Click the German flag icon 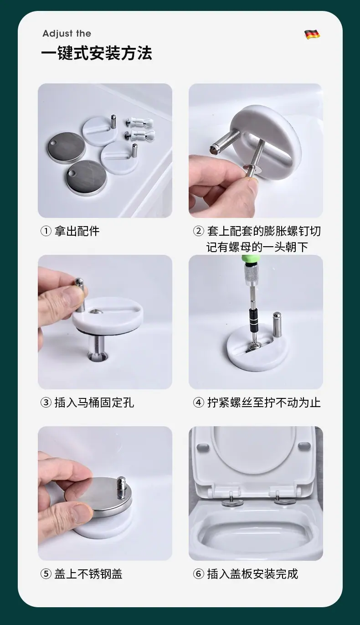312,34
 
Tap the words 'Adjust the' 67,33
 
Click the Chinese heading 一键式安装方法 97,53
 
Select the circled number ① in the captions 46,231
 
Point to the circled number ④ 198,403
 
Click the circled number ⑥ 198,574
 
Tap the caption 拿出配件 77,231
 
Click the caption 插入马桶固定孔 94,403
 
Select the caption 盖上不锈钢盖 88,574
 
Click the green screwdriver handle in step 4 247,258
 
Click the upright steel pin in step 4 277,324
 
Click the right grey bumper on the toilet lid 304,445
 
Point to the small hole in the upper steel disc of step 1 53,144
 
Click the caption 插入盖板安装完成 252,574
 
